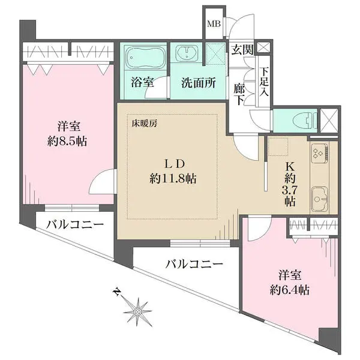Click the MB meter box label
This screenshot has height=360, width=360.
pyautogui.click(x=213, y=25)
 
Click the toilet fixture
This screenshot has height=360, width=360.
pyautogui.click(x=295, y=120)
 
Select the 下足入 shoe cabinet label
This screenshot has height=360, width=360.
pyautogui.click(x=264, y=80)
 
